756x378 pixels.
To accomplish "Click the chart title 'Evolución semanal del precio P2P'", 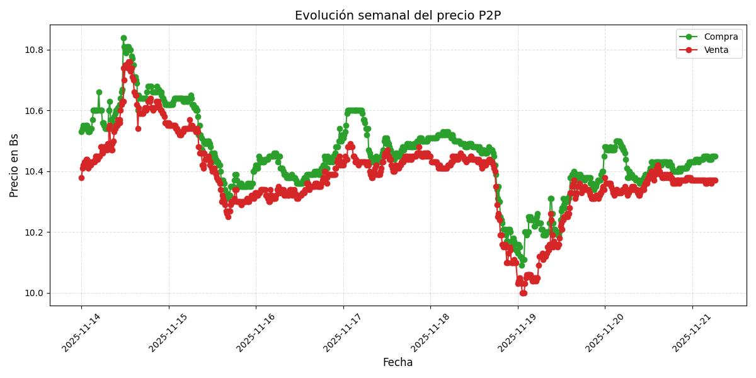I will [x=398, y=16].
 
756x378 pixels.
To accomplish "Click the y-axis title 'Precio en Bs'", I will [x=14, y=165].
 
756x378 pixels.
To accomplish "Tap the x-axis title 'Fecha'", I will [x=398, y=363].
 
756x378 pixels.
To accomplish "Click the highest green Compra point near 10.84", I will [x=123, y=38].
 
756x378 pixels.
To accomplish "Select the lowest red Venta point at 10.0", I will [x=523, y=293].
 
